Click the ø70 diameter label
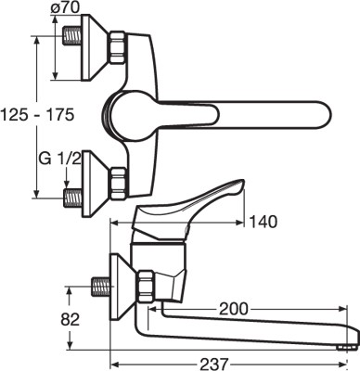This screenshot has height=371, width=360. tap(65, 7)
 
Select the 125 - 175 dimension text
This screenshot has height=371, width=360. tap(37, 115)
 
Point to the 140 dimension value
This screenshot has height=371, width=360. tap(263, 222)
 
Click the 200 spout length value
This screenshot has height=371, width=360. tap(234, 308)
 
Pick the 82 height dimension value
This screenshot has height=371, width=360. tap(70, 319)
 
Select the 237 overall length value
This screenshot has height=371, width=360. tap(214, 364)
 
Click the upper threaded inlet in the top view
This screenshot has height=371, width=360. tap(72, 36)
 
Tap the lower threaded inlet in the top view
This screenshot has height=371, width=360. tap(72, 198)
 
